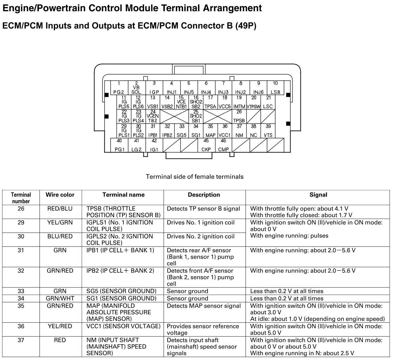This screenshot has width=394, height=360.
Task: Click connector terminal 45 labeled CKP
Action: tap(206, 145)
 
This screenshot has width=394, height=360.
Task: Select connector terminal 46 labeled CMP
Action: tap(223, 145)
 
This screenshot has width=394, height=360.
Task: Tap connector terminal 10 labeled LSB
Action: tap(275, 88)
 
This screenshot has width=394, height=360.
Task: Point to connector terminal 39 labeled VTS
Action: tap(268, 131)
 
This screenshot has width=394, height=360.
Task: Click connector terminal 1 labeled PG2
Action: tap(119, 88)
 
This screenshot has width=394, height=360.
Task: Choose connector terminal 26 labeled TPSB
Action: tap(239, 116)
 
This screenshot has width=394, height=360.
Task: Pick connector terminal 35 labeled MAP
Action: tap(210, 131)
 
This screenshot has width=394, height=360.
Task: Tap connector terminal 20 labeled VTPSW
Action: tap(254, 102)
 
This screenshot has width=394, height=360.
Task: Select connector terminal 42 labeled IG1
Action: tap(154, 145)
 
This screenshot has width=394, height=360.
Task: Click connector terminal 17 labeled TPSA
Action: tap(210, 102)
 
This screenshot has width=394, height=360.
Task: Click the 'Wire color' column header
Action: tap(60, 195)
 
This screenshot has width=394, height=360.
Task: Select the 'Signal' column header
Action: tap(318, 195)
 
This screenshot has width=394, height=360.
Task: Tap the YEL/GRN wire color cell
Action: tap(60, 223)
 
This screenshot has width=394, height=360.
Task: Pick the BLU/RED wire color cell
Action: tap(60, 237)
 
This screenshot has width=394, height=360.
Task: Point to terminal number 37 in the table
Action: tap(21, 340)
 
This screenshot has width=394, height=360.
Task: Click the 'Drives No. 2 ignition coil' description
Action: tap(201, 237)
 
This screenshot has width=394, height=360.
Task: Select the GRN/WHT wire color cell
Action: tap(60, 299)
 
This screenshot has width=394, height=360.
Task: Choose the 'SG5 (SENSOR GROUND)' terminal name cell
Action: tap(121, 291)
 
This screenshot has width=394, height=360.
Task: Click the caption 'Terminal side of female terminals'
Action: tap(195, 177)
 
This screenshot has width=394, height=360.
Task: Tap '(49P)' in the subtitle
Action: tap(246, 26)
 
